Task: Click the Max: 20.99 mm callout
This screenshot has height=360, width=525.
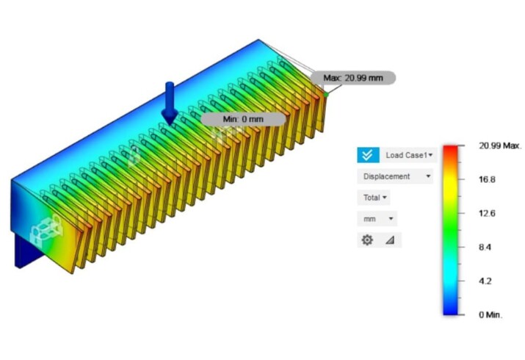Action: [x=353, y=78]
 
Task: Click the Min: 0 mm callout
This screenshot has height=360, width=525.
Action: [x=244, y=119]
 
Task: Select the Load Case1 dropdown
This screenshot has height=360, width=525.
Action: [x=409, y=155]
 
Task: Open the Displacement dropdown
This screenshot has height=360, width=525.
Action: [x=395, y=176]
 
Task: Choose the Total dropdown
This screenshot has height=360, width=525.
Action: [x=374, y=198]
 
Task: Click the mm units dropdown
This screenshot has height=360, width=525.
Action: [x=377, y=219]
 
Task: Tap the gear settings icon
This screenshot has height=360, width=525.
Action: [x=367, y=240]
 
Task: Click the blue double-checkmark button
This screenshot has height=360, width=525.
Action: [x=368, y=155]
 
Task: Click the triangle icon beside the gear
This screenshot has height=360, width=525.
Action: [x=390, y=240]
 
